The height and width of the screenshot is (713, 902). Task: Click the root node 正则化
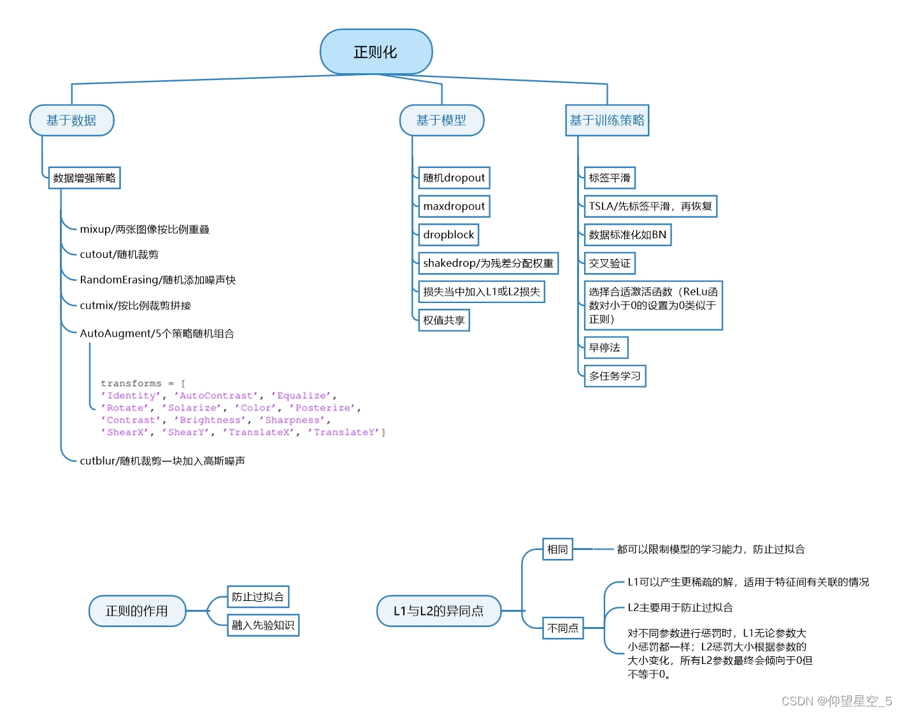(x=376, y=52)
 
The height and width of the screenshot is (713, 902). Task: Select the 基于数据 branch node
(x=71, y=120)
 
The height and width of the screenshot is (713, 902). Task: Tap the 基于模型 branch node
(x=441, y=120)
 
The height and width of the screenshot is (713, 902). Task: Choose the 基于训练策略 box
(x=606, y=120)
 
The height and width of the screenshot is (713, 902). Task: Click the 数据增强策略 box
(x=84, y=178)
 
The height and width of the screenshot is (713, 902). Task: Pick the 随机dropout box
(x=454, y=178)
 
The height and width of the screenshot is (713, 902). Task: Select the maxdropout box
(x=454, y=206)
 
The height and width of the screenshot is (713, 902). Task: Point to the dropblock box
(x=448, y=235)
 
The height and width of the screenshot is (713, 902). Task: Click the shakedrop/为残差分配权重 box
(x=488, y=263)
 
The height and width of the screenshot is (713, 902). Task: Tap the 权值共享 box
(x=444, y=320)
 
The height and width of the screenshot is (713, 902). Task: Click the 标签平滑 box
(x=610, y=178)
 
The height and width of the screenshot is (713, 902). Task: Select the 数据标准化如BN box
(x=627, y=235)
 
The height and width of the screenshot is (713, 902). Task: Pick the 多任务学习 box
(x=615, y=376)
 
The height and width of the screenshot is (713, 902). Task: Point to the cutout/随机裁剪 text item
(x=119, y=255)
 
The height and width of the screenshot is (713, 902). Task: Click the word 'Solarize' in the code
(x=192, y=408)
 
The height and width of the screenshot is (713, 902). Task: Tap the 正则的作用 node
(x=137, y=611)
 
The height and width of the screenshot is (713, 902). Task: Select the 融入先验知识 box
(x=263, y=625)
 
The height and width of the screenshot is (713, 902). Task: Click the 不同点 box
(x=563, y=628)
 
